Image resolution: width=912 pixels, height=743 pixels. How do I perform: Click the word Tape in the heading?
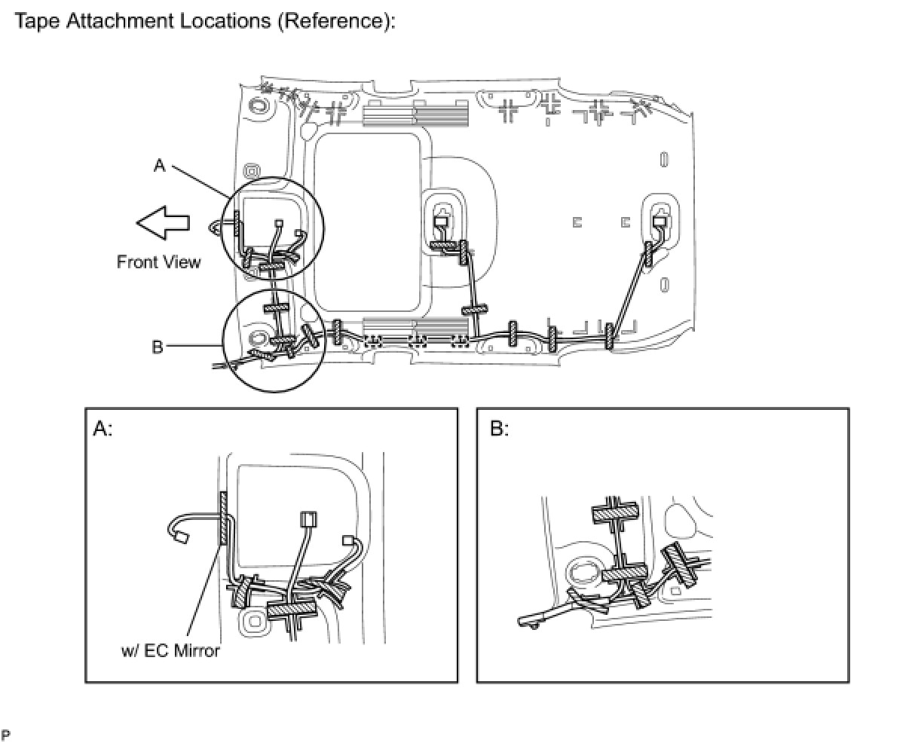37,20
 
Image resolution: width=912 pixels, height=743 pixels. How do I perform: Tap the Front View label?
159,262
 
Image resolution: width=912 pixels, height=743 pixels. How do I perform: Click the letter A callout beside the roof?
159,165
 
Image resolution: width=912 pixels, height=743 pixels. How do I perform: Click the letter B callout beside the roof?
158,347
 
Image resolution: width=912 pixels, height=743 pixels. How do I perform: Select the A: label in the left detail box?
103,430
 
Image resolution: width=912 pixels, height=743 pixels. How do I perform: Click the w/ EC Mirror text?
170,650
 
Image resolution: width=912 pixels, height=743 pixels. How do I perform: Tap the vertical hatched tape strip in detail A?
223,519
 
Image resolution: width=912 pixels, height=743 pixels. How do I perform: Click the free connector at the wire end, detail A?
180,537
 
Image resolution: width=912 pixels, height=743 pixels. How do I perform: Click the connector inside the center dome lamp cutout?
442,222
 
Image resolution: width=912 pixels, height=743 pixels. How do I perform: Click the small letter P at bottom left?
6,733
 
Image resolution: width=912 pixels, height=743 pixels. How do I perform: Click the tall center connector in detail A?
309,519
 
